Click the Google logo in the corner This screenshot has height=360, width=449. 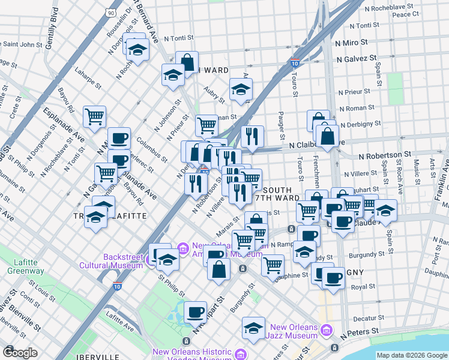(20, 353)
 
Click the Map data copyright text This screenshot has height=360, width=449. (412, 355)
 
